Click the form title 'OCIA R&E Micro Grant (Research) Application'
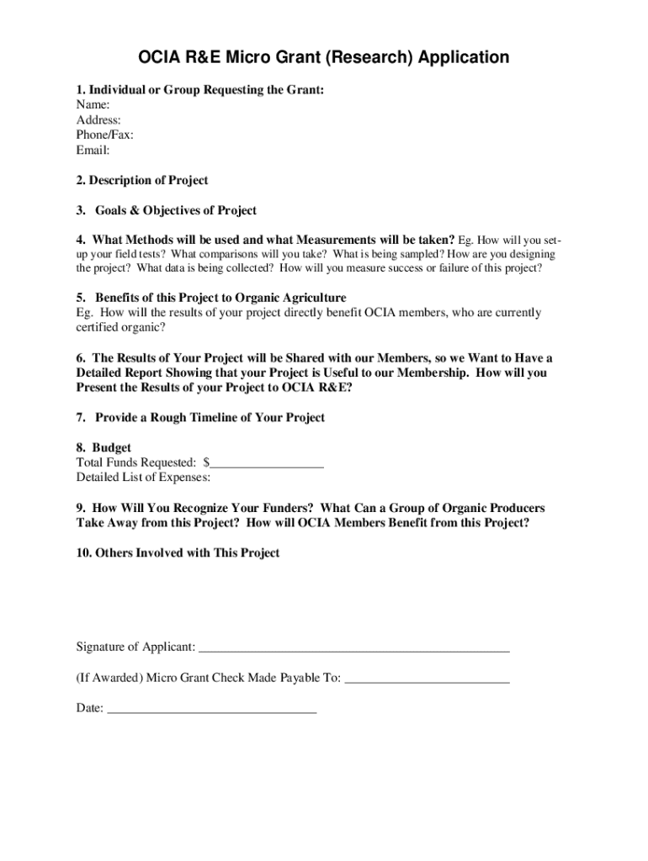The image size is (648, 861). (x=324, y=58)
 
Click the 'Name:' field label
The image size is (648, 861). (x=93, y=105)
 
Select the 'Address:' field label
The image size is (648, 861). (x=98, y=120)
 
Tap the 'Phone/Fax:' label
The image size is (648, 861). (x=104, y=135)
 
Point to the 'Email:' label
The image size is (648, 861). (x=93, y=151)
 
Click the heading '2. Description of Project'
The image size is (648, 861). (x=142, y=181)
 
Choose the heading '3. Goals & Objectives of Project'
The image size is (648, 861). (x=167, y=211)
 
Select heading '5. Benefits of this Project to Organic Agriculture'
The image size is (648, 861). (x=211, y=298)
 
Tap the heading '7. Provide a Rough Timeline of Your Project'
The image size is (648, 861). (x=200, y=418)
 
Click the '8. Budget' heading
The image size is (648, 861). (x=104, y=448)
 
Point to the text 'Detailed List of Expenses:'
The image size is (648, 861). (x=143, y=478)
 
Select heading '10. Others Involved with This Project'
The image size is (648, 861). (x=178, y=553)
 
